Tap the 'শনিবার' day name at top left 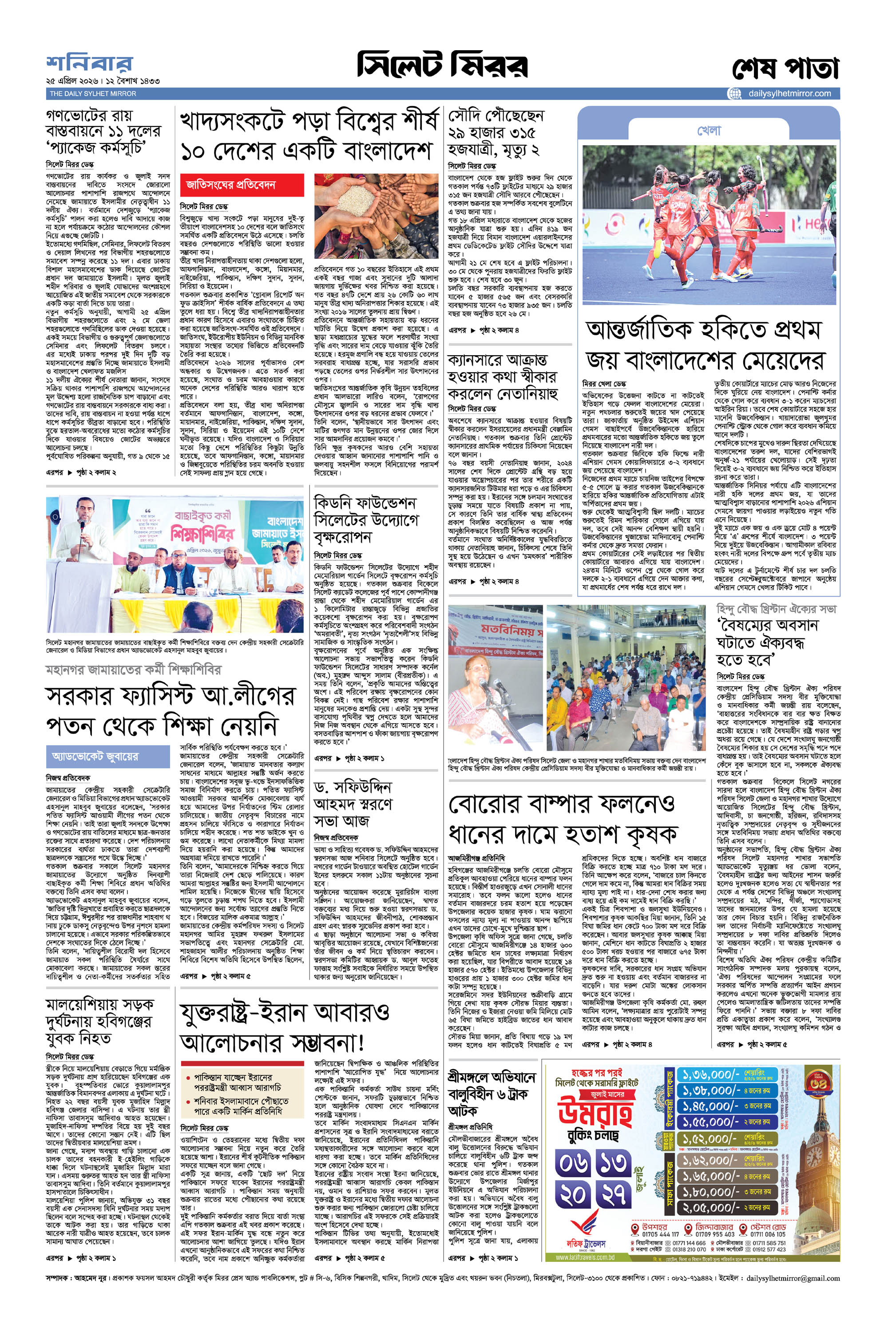click(90, 63)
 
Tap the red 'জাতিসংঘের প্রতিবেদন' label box click(242, 185)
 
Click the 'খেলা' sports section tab click(709, 131)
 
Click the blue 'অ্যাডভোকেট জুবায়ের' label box click(107, 757)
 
